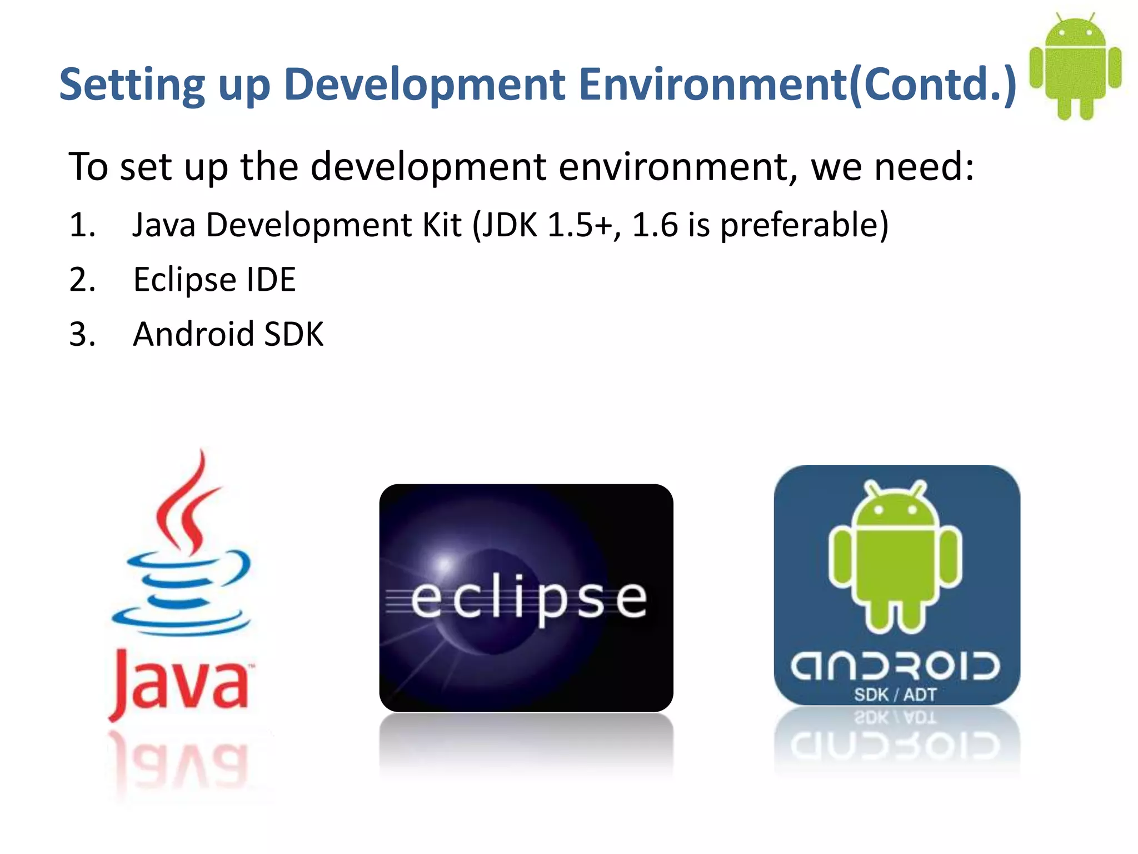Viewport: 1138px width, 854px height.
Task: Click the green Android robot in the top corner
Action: (x=1075, y=67)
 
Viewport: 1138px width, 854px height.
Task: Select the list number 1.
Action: (x=82, y=225)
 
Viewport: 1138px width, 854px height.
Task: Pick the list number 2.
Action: (x=82, y=280)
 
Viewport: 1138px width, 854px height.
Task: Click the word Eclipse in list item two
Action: (x=184, y=280)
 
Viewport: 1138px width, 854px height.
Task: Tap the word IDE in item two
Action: (x=271, y=280)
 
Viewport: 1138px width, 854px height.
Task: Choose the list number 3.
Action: (x=82, y=334)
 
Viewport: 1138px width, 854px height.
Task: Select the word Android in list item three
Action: (x=193, y=334)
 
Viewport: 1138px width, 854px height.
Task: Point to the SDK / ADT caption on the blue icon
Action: (x=895, y=695)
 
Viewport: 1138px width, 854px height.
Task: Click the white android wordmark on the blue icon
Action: (x=895, y=666)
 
